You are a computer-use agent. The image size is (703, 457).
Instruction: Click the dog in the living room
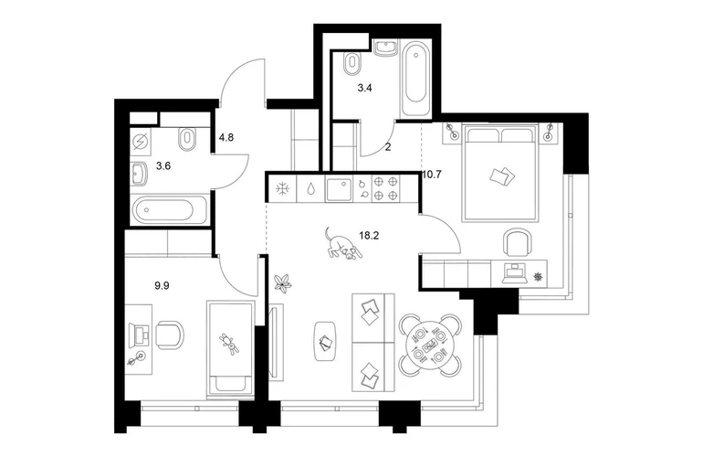(x=342, y=246)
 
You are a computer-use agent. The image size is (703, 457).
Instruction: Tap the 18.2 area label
(x=369, y=235)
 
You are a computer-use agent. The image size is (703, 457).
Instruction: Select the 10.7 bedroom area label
(x=432, y=175)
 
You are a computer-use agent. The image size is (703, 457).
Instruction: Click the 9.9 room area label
(x=162, y=285)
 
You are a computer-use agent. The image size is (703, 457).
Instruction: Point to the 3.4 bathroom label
(x=364, y=88)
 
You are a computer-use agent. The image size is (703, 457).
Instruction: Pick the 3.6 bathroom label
(x=163, y=166)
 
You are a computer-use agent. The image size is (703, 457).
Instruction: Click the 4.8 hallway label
(x=226, y=137)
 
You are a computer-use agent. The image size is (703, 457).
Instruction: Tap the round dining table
(x=430, y=345)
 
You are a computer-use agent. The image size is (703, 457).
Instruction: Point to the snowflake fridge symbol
(x=282, y=189)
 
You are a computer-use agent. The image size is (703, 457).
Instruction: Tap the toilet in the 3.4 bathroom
(x=352, y=63)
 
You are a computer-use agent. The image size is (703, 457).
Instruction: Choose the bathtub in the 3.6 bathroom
(x=171, y=209)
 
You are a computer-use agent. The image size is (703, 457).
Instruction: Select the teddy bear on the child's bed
(x=229, y=343)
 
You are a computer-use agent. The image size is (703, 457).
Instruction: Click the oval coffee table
(x=325, y=341)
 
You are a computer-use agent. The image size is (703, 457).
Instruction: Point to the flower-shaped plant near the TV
(x=283, y=284)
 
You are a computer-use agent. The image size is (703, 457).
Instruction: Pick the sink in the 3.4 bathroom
(x=385, y=48)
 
